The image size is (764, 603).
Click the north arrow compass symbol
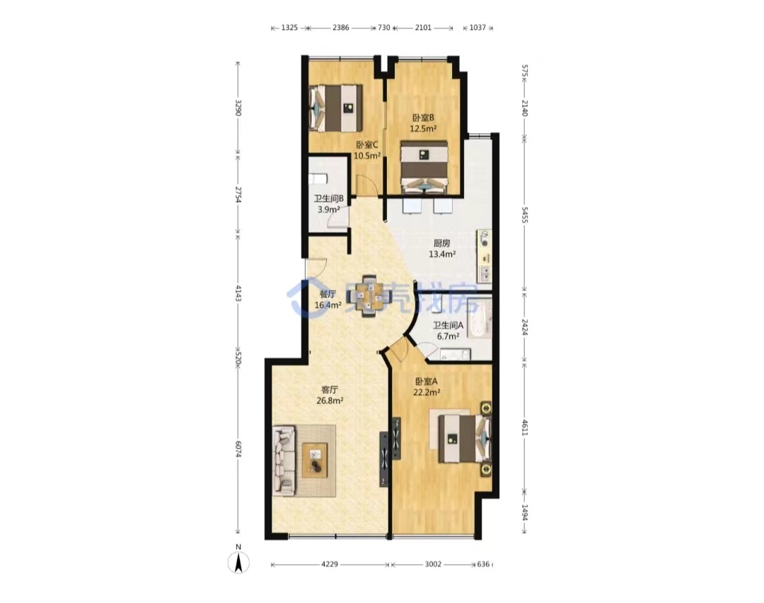coord(238,560)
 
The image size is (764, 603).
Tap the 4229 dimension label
coord(330,565)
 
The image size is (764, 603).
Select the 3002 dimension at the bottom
coord(433,565)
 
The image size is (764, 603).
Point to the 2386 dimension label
coord(340,28)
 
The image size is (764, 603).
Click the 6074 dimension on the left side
coord(238,449)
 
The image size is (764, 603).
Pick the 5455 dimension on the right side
coord(524,214)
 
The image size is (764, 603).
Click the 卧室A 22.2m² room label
coord(427,386)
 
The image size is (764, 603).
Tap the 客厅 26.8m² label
coord(330,396)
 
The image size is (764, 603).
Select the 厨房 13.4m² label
coord(442,248)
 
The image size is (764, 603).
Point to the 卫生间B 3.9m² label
coord(328,205)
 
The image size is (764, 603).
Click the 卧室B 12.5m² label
coord(423,123)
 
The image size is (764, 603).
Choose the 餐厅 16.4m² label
coord(328,300)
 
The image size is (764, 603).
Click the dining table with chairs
coord(369,296)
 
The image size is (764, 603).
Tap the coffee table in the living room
coord(315,460)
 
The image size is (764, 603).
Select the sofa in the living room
coord(284,461)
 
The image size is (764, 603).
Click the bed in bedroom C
coord(336,108)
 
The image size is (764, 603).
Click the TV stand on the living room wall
coord(385,460)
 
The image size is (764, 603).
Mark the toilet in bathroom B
coord(317,179)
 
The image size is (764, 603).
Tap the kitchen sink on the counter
coord(485,275)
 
